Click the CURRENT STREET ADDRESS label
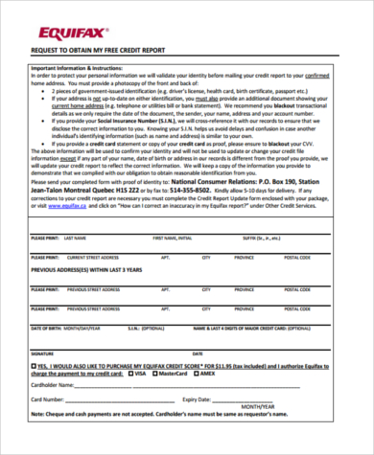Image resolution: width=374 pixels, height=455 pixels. [92, 258]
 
